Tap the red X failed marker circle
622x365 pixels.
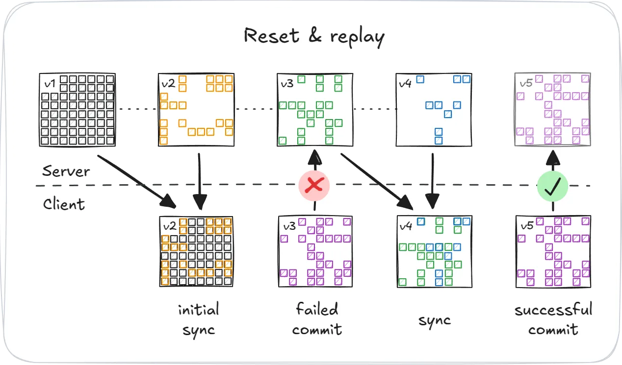point(314,186)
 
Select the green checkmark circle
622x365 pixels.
point(552,186)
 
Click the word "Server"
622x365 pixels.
point(66,171)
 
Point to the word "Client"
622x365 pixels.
point(64,203)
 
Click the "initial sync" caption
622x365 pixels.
point(198,319)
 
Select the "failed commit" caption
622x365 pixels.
point(317,319)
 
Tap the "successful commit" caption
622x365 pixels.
point(553,319)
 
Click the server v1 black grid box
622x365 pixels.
point(77,110)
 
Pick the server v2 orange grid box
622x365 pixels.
point(196,110)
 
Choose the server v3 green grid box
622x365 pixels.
point(315,110)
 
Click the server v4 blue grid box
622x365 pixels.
point(434,110)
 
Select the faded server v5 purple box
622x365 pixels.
point(552,110)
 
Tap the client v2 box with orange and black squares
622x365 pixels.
point(196,251)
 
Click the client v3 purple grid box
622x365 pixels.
point(315,251)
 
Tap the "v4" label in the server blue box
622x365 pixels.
point(405,83)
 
